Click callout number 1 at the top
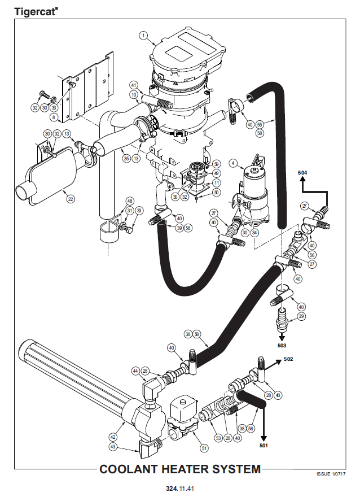click(x=144, y=36)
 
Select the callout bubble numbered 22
click(x=71, y=198)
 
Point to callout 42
click(x=113, y=436)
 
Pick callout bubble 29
click(x=301, y=317)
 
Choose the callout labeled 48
click(x=130, y=201)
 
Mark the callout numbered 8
click(x=54, y=117)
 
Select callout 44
click(x=135, y=371)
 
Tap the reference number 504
click(x=303, y=172)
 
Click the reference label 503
click(x=282, y=344)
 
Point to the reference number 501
click(x=264, y=446)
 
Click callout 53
click(x=218, y=438)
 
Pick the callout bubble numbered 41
click(x=134, y=85)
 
